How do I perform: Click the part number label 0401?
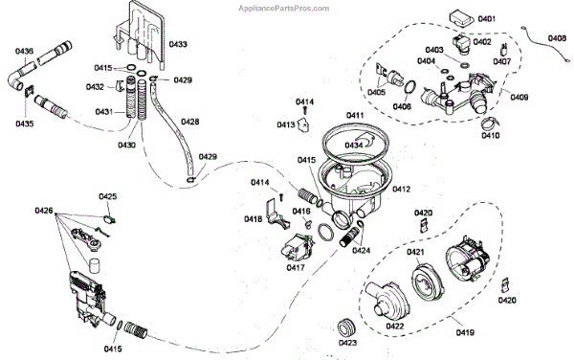point(487,19)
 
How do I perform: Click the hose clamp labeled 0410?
point(490,123)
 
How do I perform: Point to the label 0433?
point(178,44)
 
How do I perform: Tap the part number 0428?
point(190,122)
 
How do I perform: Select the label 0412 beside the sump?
point(402,189)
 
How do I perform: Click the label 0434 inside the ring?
point(354,146)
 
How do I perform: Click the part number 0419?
point(465,332)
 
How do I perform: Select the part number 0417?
point(296,268)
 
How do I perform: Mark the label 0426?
point(44,211)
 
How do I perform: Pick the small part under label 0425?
point(109,219)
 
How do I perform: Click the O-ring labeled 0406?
point(410,87)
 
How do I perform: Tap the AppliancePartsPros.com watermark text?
point(284,8)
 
